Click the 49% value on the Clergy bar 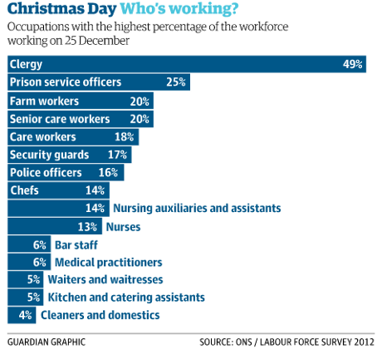pos(355,65)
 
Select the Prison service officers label pos(65,82)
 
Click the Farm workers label pos(44,101)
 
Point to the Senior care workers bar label pos(60,118)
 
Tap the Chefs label pos(24,190)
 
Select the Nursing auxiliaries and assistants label pos(196,208)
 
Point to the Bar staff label pos(76,244)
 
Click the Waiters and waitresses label pos(105,279)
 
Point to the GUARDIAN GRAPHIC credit pos(46,342)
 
